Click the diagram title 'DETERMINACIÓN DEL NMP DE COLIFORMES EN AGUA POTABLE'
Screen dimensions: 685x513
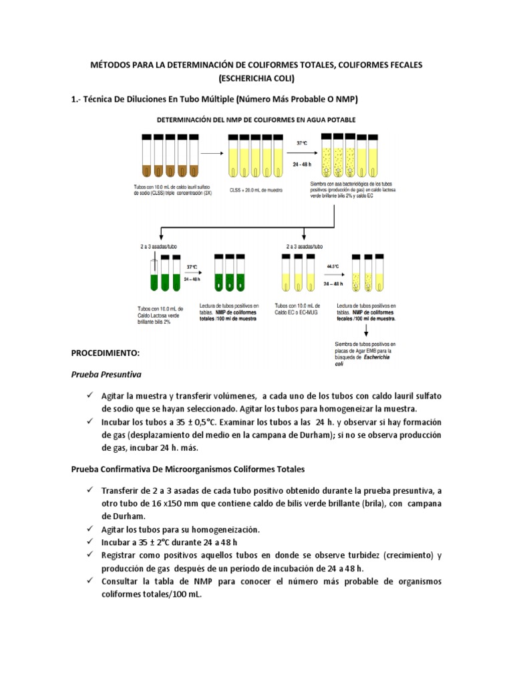pos(256,120)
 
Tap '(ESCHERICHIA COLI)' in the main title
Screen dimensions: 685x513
pos(256,78)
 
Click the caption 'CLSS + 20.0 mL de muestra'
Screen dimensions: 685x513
pos(256,190)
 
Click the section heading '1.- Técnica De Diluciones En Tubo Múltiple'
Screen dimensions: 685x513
pos(214,99)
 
